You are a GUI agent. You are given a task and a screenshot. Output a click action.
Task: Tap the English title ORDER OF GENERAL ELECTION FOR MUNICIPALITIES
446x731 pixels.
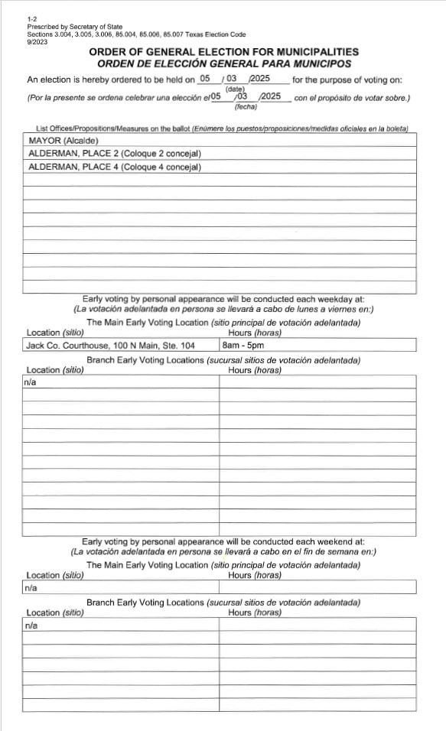[224, 52]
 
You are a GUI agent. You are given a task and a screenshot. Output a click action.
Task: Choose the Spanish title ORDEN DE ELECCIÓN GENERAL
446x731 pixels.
[224, 63]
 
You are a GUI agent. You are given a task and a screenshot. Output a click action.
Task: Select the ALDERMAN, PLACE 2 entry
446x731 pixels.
[114, 154]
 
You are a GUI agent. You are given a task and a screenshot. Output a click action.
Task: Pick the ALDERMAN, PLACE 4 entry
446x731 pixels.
[114, 167]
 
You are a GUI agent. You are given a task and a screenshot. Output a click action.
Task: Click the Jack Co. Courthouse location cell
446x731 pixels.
[111, 345]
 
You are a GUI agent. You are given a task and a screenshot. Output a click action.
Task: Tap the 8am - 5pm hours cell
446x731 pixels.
[242, 345]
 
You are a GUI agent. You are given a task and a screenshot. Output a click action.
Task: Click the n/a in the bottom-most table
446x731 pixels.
[31, 625]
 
